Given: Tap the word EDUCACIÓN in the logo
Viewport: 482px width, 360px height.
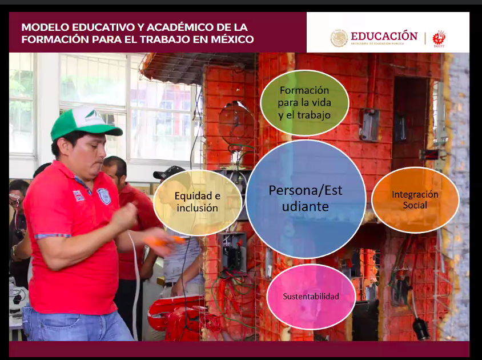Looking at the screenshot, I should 384,36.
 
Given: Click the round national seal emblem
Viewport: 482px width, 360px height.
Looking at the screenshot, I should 339,38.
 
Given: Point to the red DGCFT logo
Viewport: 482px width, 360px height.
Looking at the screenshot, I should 439,38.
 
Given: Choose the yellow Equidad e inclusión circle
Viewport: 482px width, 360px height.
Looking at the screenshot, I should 197,202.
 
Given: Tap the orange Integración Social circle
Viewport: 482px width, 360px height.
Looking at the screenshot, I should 415,200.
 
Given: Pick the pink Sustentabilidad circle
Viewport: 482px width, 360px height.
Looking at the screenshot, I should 311,297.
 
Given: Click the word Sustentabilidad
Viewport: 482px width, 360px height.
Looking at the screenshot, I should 311,297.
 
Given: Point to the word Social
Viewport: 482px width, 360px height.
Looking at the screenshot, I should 415,205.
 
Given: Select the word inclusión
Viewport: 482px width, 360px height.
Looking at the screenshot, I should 197,208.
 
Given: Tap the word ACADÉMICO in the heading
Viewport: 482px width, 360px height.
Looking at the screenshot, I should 177,27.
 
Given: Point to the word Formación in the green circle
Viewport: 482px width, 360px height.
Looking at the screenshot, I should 304,90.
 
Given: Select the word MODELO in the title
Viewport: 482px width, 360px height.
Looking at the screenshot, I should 44,27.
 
